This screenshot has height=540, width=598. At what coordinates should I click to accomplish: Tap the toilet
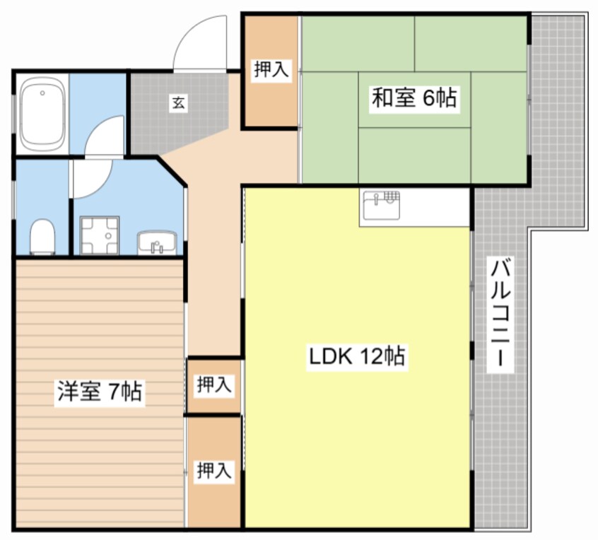43,236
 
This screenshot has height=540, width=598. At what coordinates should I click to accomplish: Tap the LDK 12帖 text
356,356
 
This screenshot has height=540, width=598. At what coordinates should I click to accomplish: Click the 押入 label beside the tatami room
271,70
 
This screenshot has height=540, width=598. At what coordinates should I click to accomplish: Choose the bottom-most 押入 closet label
213,470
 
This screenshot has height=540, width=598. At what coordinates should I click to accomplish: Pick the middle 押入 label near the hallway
213,385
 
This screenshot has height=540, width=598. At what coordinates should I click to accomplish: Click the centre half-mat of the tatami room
414,100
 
